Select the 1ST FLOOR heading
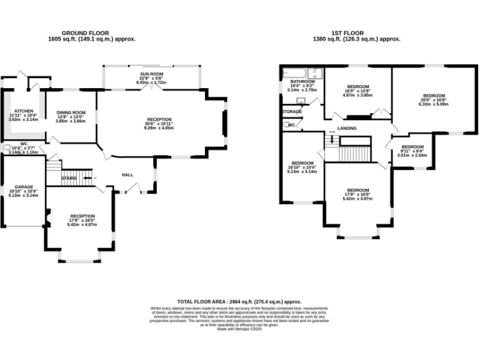pyautogui.click(x=356, y=32)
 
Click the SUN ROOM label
pyautogui.click(x=152, y=74)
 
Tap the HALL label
pyautogui.click(x=127, y=175)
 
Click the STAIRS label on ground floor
pyautogui.click(x=69, y=178)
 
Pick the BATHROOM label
pyautogui.click(x=302, y=81)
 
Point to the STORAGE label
pyautogui.click(x=292, y=111)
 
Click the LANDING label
pyautogui.click(x=347, y=128)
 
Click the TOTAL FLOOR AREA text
pyautogui.click(x=240, y=301)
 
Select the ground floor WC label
pyautogui.click(x=23, y=144)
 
